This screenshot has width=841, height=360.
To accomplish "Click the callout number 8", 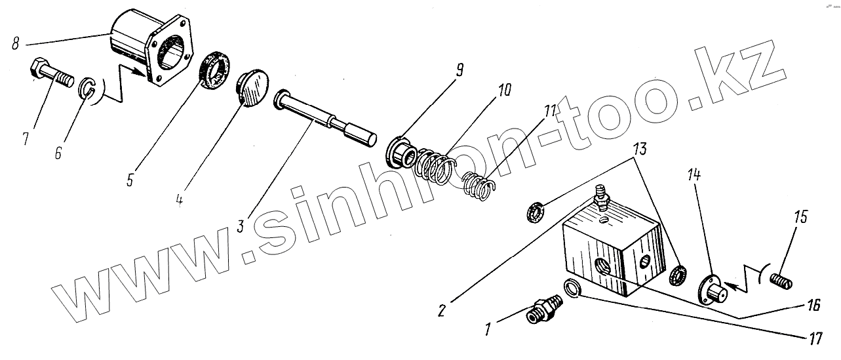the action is click(16, 45).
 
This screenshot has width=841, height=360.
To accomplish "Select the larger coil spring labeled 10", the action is click(435, 168).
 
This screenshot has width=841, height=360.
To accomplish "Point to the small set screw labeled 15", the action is click(781, 281).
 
